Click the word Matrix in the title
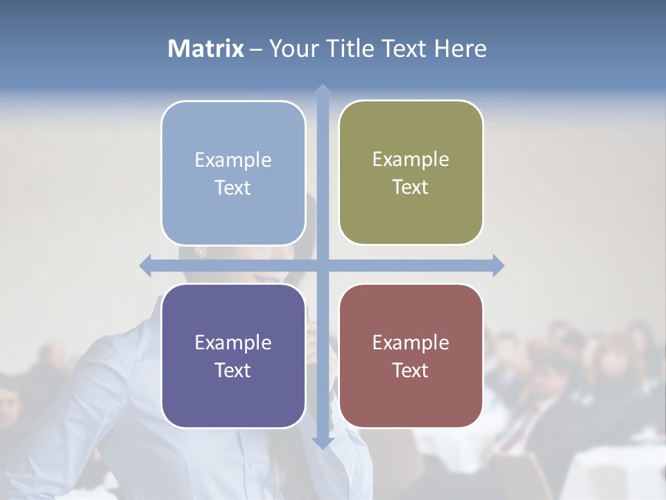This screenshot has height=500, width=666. click(x=205, y=49)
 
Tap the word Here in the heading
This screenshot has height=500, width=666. click(x=460, y=49)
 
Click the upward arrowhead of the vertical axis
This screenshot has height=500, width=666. click(x=322, y=90)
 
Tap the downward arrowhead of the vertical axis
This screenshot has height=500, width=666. click(x=322, y=443)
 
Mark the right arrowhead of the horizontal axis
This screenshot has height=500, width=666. click(x=498, y=265)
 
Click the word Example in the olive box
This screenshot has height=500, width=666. click(x=411, y=159)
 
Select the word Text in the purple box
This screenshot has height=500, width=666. click(x=233, y=370)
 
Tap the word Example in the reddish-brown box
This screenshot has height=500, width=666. click(x=411, y=342)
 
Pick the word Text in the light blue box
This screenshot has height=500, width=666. click(x=233, y=187)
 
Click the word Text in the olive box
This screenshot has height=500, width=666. click(x=411, y=187)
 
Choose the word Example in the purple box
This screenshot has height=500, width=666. click(x=233, y=342)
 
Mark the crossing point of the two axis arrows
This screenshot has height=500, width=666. click(x=322, y=265)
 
